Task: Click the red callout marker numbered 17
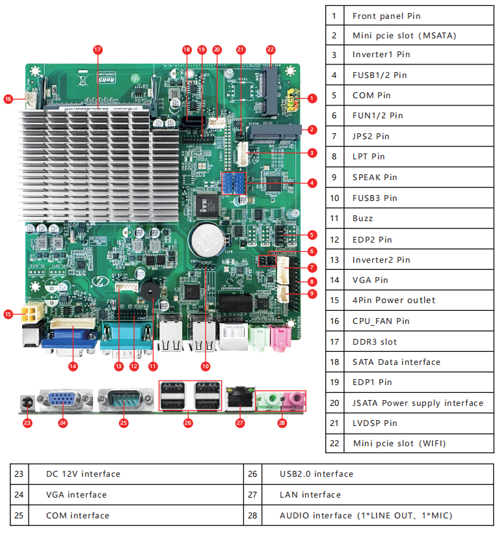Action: (x=98, y=49)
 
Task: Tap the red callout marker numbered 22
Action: (x=271, y=49)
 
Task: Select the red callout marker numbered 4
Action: (x=312, y=183)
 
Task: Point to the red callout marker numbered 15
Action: (x=8, y=314)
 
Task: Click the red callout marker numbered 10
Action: (x=206, y=366)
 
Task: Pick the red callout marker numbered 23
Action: (x=27, y=423)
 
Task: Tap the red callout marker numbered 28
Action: (x=282, y=423)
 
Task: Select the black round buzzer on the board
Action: (x=150, y=292)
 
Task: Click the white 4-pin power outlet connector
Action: (x=31, y=315)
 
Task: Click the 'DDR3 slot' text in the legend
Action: (x=374, y=341)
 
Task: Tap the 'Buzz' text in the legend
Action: (x=362, y=219)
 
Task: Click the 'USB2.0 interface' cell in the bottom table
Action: (x=316, y=474)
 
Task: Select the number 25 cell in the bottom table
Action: (x=19, y=516)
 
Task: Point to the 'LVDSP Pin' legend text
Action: (x=375, y=423)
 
